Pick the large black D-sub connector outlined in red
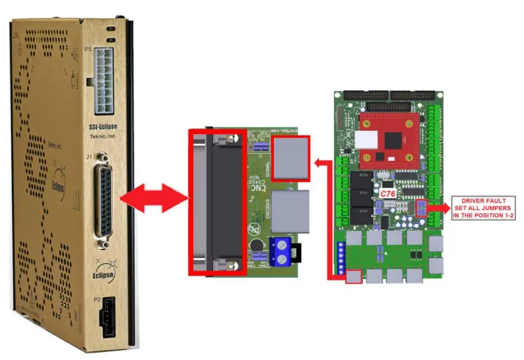[x=218, y=202]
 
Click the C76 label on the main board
[x=387, y=193]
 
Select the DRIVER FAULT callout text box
[x=485, y=207]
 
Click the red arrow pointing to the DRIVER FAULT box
[x=438, y=207]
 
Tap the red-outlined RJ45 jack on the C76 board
[x=354, y=276]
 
